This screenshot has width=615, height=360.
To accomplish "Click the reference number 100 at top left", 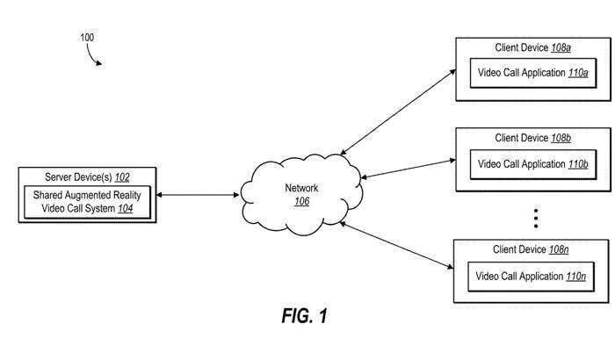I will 87,38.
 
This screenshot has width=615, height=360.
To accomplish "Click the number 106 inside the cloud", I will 301,201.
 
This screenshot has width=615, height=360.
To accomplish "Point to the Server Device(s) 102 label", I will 87,176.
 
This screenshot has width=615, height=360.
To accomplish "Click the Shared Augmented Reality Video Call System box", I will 87,202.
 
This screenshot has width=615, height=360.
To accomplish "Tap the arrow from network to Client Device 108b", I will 406,170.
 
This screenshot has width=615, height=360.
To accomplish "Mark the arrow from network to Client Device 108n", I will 395,245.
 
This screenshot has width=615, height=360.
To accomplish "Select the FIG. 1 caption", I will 305,316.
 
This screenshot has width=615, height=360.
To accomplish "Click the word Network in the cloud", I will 301,188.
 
